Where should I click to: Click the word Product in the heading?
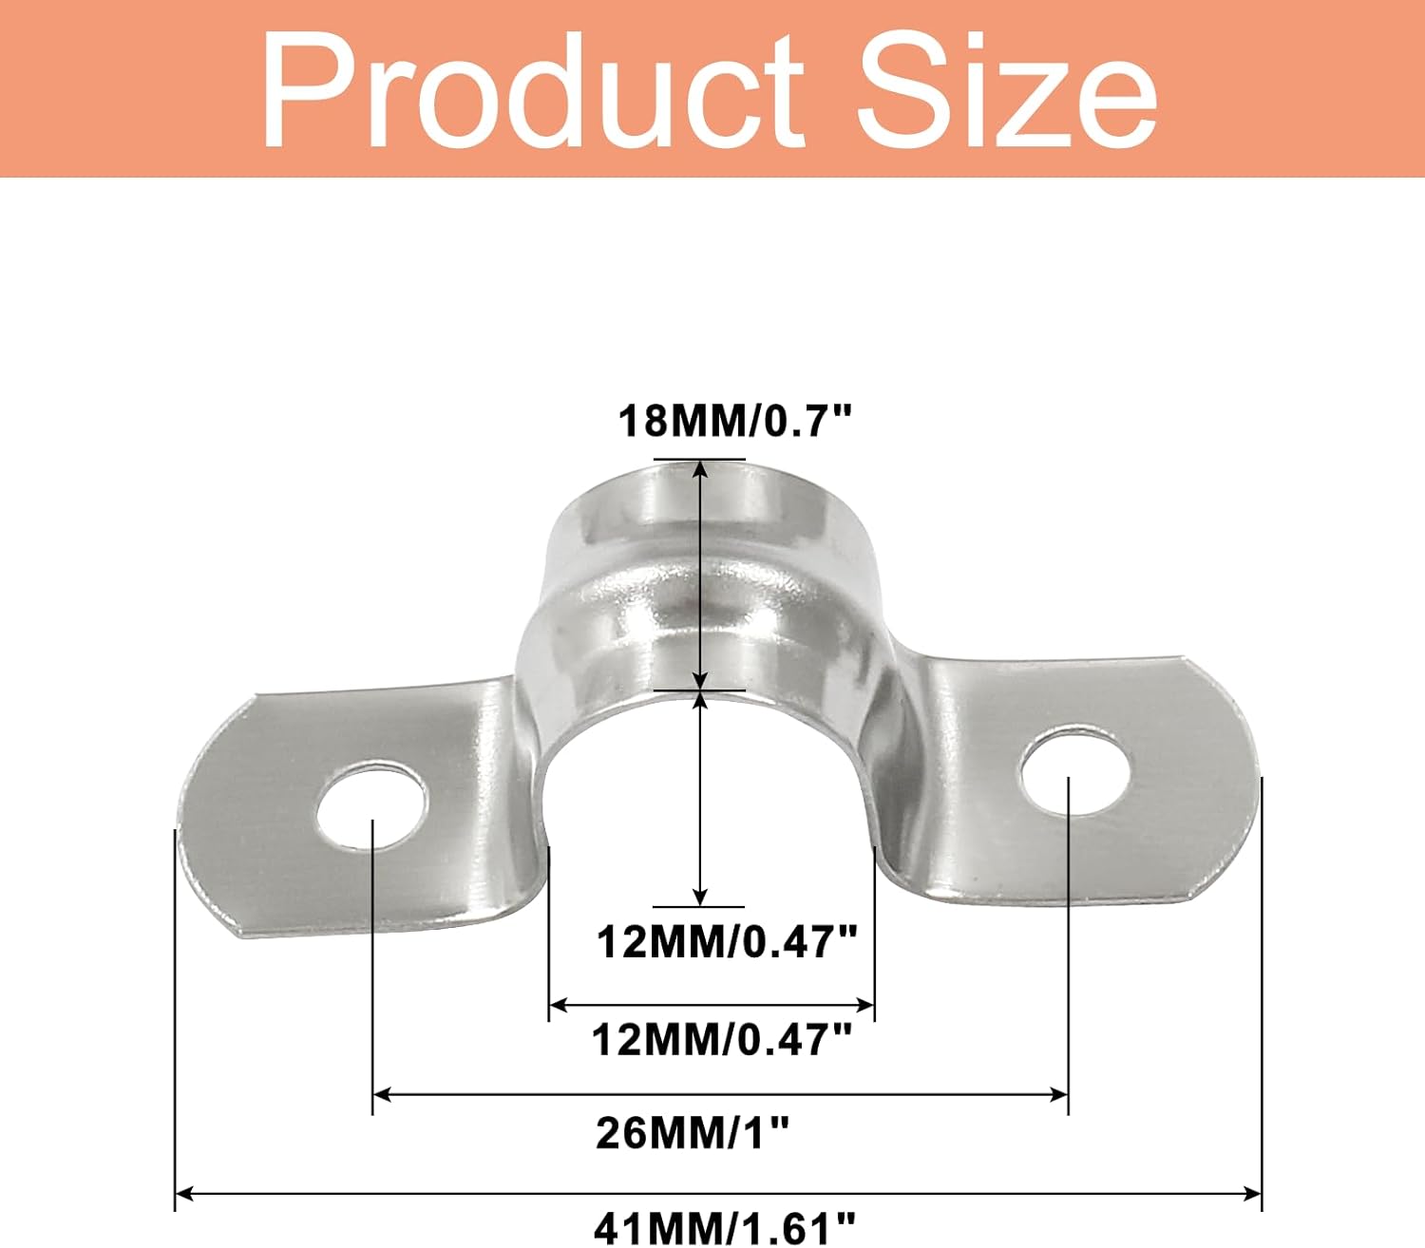pos(533,90)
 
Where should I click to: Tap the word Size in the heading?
pos(1007,90)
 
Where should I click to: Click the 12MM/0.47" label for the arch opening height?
pos(727,942)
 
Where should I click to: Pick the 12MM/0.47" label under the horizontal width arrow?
pos(722,1040)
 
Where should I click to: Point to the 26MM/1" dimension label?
pos(693,1132)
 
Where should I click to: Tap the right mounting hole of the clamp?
pos(1077,770)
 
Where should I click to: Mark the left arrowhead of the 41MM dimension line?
pos(185,1193)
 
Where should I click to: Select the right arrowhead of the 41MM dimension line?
pos(1252,1193)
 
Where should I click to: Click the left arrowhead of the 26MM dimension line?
pos(382,1095)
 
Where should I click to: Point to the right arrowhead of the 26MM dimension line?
pos(1058,1095)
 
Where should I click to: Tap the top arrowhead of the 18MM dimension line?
pos(700,469)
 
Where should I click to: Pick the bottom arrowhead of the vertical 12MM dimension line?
pos(700,896)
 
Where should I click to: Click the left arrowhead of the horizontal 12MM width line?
pos(559,1004)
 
